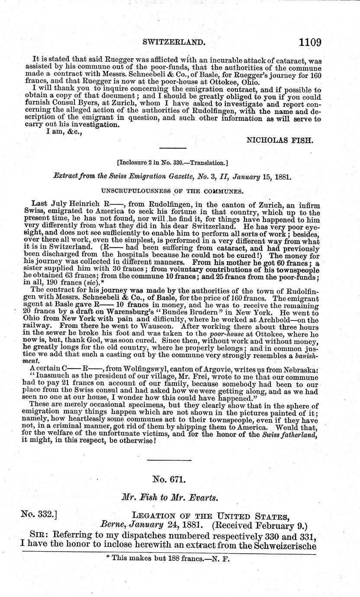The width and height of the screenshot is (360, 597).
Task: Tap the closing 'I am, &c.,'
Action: pos(64,132)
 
